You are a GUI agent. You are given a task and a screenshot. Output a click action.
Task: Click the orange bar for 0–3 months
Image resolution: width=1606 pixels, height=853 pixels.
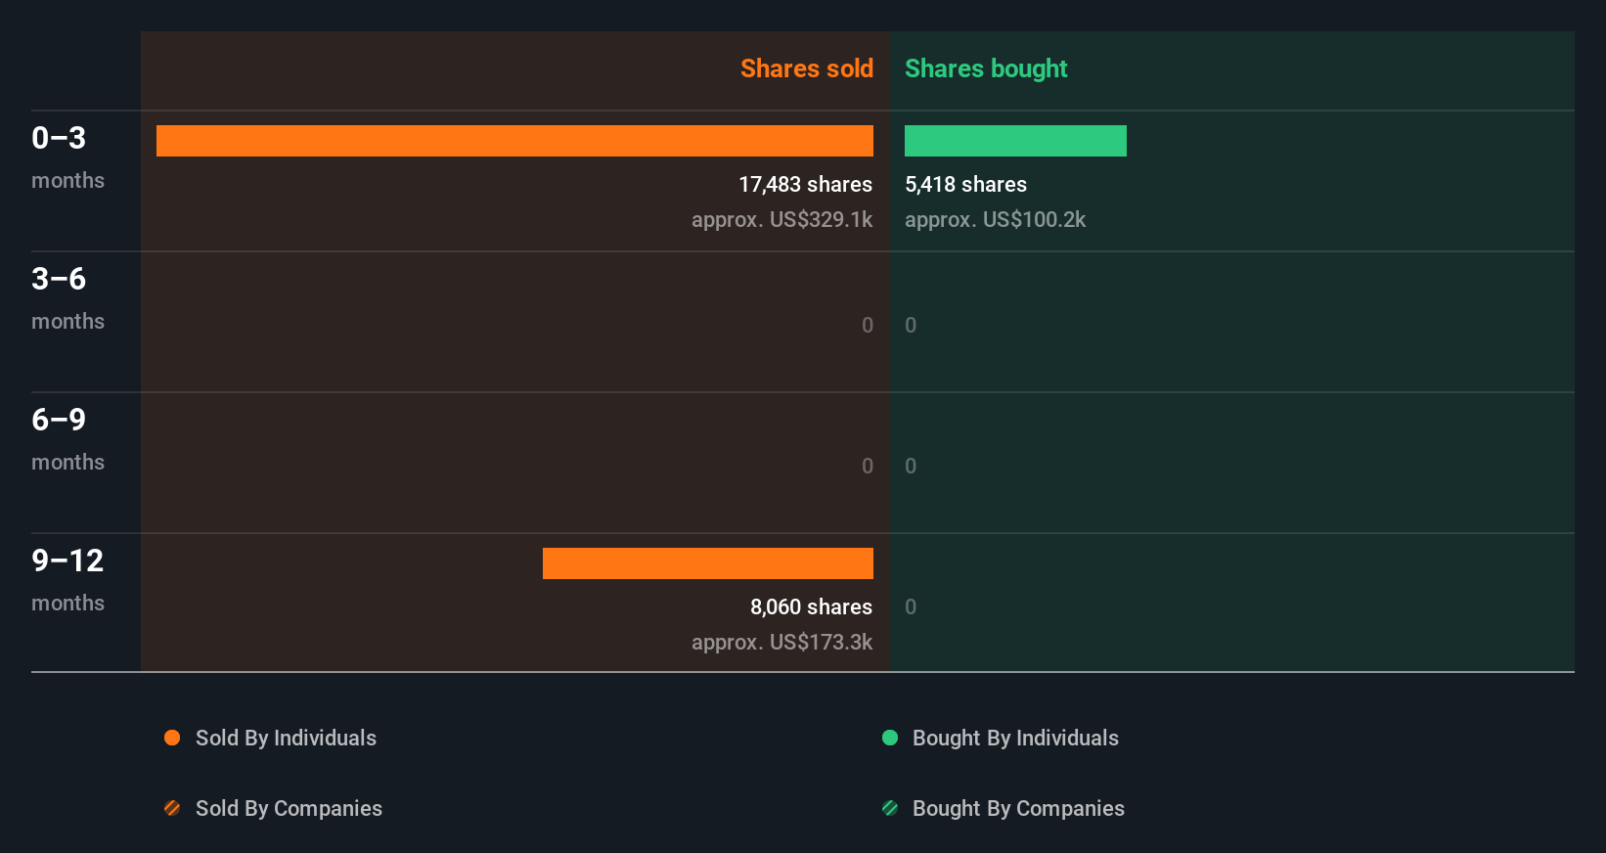514,141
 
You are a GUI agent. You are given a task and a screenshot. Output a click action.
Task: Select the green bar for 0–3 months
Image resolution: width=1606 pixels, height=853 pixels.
1015,141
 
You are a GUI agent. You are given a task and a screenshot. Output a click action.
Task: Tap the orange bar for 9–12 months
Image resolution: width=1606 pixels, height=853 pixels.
708,563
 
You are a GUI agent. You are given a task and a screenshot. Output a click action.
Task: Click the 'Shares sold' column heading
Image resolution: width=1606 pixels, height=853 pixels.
806,68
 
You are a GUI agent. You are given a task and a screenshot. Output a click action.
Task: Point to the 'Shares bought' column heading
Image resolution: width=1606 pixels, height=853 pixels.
986,68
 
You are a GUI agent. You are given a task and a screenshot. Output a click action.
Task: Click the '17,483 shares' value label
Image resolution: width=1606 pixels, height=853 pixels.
805,185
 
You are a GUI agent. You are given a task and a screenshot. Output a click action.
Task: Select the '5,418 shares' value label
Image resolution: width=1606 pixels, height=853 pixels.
965,185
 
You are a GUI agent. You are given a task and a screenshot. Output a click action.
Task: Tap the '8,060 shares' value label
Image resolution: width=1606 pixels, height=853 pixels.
811,607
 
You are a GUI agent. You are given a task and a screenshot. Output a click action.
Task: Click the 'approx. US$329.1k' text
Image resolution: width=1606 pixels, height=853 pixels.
781,220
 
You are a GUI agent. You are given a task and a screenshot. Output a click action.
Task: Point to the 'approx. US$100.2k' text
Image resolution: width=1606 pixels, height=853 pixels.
995,220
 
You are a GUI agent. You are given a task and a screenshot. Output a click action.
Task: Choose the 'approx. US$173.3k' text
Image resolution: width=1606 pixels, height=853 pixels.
781,643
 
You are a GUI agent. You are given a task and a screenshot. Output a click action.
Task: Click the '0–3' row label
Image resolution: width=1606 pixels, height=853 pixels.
59,138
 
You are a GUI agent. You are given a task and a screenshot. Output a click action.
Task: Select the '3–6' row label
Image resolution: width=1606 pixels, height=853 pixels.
59,279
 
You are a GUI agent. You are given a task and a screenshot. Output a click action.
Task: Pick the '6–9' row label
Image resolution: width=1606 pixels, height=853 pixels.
59,420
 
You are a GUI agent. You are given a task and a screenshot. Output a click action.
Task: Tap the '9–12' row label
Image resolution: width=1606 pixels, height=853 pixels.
67,561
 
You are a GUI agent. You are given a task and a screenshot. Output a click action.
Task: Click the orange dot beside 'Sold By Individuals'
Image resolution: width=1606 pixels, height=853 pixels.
172,738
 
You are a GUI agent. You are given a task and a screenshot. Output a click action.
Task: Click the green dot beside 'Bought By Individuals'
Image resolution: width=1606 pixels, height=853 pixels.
890,738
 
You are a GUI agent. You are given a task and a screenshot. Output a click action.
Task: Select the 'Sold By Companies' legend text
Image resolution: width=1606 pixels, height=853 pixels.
289,808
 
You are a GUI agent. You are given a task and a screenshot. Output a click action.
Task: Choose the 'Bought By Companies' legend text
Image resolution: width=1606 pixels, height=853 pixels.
1018,808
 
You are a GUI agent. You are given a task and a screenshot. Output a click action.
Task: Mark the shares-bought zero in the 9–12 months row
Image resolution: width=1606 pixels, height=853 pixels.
911,607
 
